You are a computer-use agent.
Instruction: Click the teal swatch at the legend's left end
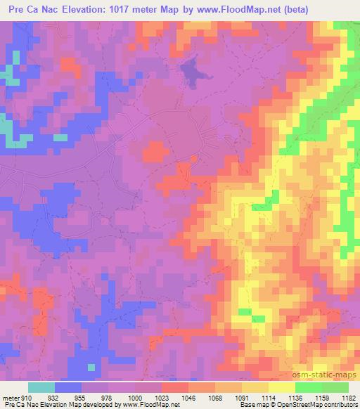(41, 387)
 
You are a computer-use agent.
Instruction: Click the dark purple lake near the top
(188, 70)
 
